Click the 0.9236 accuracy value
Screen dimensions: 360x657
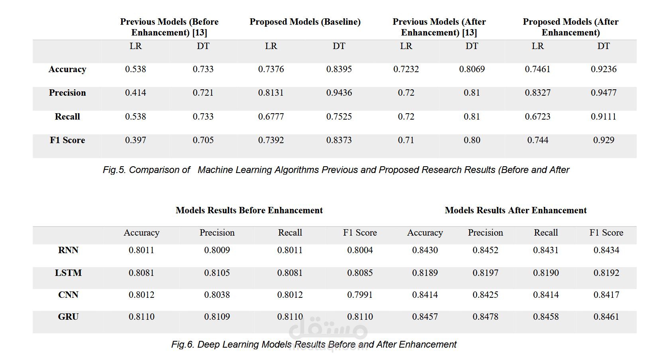(603, 69)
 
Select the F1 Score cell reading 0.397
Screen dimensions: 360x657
(135, 140)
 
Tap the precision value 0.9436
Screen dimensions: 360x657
(339, 93)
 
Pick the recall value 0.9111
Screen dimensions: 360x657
(603, 117)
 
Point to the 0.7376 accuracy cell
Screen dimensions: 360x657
(271, 69)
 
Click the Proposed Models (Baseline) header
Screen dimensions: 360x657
(305, 22)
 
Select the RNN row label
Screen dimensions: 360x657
(68, 250)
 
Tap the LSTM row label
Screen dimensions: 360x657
(68, 273)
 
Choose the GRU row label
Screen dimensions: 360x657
(68, 317)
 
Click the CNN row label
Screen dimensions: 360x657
(68, 295)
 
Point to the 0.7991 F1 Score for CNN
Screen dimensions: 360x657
(360, 295)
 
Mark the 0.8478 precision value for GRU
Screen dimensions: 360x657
(485, 317)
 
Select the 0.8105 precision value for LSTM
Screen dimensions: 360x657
(217, 273)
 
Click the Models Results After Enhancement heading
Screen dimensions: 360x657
(516, 210)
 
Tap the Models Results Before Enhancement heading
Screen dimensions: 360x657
(249, 210)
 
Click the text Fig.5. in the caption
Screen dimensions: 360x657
(114, 170)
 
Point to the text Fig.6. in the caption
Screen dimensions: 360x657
(182, 344)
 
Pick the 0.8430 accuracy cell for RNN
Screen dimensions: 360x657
(425, 250)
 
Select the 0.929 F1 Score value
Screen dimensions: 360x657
(603, 140)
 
